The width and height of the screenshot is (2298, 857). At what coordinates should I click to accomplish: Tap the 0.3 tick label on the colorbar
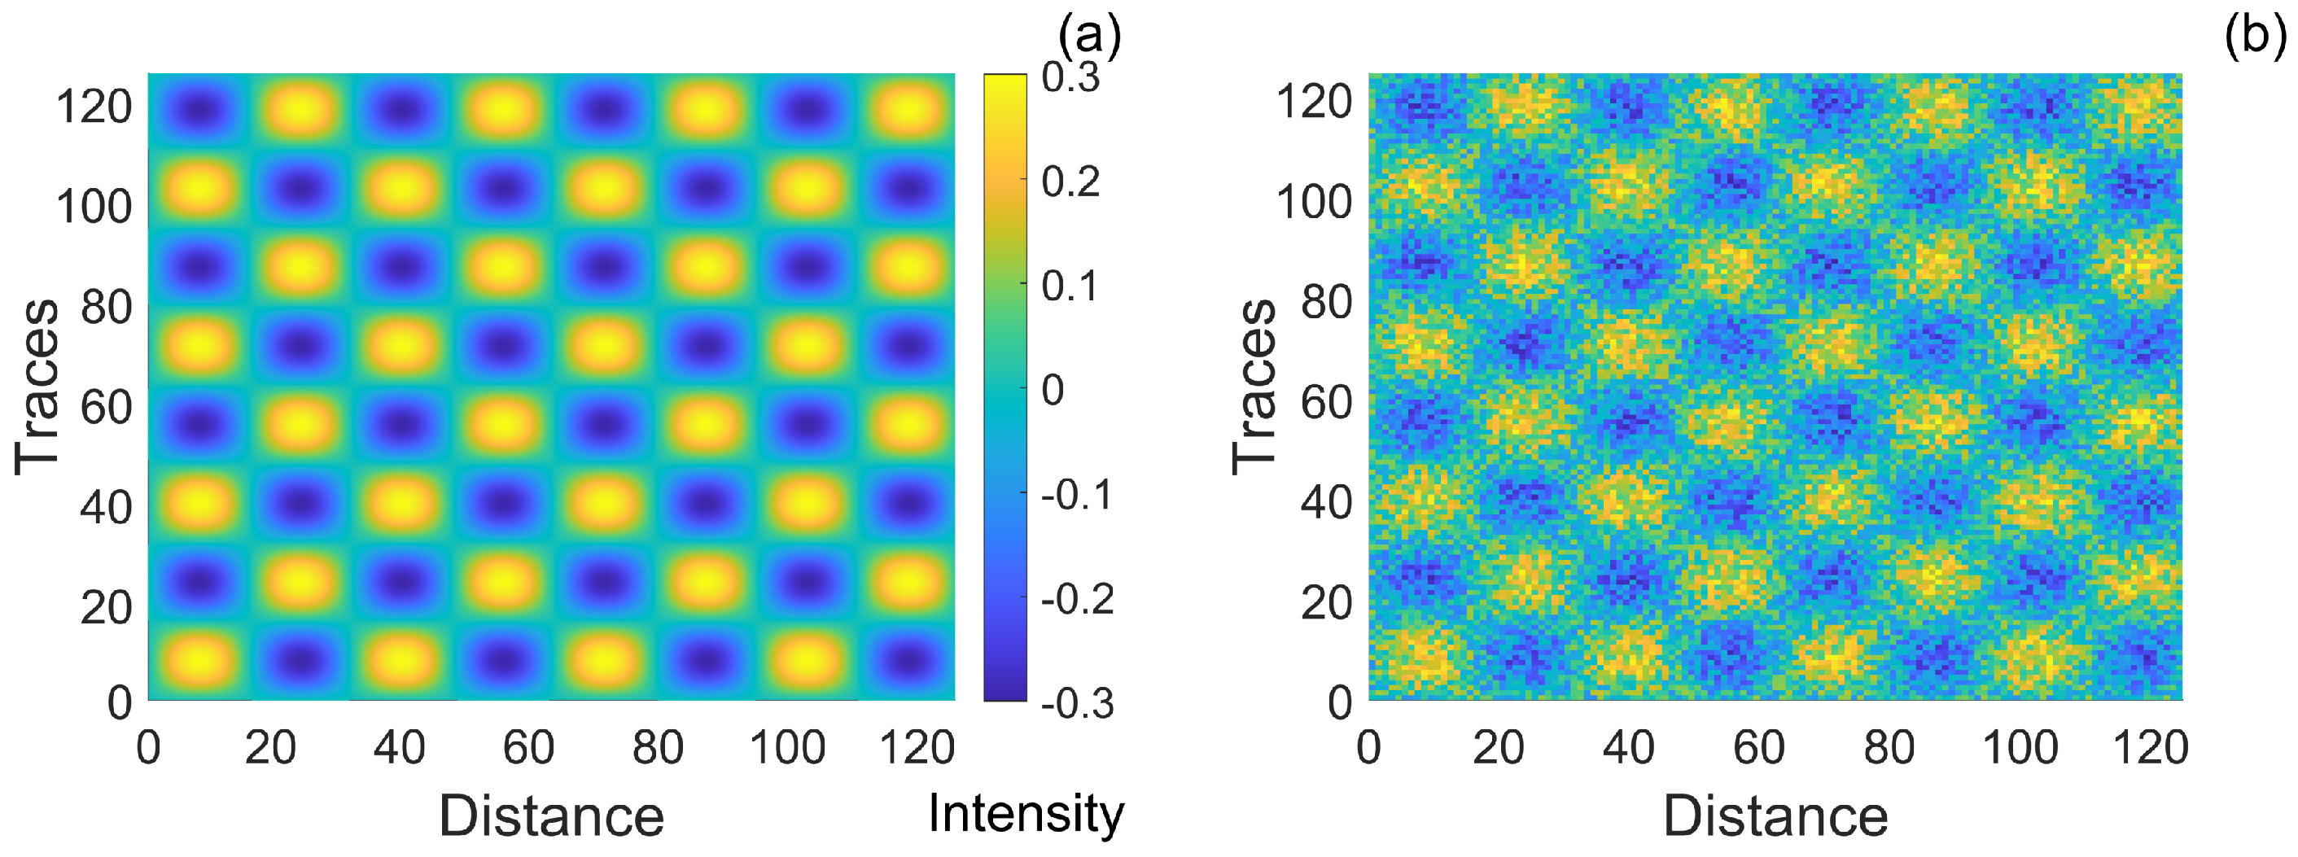[x=1070, y=78]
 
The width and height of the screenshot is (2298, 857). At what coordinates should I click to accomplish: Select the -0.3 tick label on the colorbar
[x=1078, y=704]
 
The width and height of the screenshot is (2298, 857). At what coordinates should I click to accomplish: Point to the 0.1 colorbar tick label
[x=1070, y=287]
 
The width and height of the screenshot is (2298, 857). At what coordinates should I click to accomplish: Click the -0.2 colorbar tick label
[x=1078, y=599]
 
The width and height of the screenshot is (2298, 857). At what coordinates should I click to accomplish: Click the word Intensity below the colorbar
[x=1026, y=813]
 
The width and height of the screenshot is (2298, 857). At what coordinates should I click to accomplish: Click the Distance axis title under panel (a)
[x=551, y=816]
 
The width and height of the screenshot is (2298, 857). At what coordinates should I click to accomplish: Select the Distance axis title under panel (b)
[x=1775, y=816]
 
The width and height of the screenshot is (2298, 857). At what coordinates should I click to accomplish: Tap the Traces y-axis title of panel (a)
[x=37, y=386]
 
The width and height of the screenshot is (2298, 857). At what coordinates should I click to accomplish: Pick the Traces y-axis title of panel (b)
[x=1254, y=386]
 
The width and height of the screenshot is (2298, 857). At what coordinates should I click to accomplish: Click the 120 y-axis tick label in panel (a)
[x=94, y=107]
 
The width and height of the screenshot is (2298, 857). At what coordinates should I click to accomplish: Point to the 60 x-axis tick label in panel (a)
[x=528, y=747]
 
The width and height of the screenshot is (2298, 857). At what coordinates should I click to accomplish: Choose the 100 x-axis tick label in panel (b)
[x=2020, y=747]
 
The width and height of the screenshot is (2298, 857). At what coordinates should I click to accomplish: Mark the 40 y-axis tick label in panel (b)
[x=1327, y=502]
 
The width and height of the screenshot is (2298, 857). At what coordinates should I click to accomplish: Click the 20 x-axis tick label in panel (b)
[x=1498, y=747]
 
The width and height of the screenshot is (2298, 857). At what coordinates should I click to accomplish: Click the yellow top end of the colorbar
[x=1005, y=85]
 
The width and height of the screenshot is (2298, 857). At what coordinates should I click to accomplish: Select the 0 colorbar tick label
[x=1053, y=391]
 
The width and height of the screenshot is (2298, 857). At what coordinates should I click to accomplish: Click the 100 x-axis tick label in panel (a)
[x=787, y=747]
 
